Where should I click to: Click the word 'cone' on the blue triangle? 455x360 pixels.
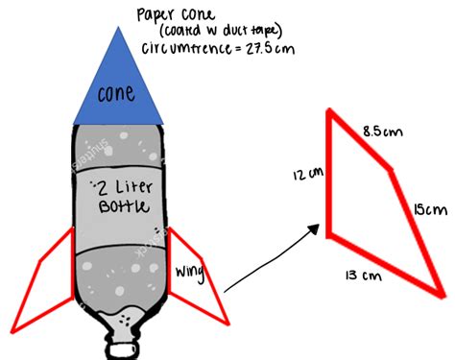coord(116,93)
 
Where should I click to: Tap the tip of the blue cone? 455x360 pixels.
coord(118,27)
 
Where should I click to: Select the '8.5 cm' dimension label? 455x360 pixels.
coord(383,132)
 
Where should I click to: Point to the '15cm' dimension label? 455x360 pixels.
coord(430,210)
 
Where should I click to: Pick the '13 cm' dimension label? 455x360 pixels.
coord(364,276)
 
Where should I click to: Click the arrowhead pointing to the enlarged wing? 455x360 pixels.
coord(314,228)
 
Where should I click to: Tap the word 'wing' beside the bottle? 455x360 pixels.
coord(189,273)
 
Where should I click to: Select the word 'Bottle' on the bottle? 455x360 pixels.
coord(124,206)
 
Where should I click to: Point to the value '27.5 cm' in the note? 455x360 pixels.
coord(270,49)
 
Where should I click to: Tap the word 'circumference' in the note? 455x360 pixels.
coord(186,49)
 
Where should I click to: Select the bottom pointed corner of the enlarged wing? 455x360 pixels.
coord(443,295)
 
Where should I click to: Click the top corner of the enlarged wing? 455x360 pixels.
coord(329,111)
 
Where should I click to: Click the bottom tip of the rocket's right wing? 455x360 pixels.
coord(228,324)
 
